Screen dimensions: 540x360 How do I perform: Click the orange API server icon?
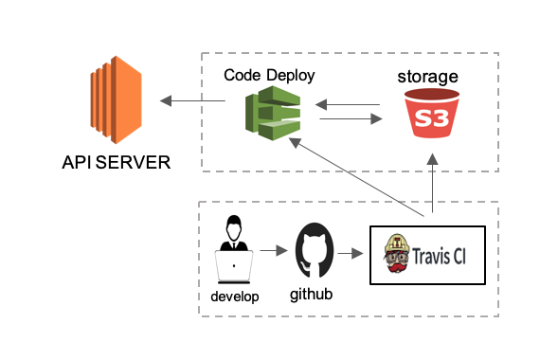117,99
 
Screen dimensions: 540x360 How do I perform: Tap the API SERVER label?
117,162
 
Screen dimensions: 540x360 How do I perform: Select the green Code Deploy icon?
273,114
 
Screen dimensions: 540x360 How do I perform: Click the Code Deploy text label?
269,76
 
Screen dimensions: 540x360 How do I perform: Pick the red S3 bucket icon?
432,113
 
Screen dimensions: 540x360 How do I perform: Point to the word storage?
427,77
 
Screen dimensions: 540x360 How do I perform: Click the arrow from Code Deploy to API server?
192,101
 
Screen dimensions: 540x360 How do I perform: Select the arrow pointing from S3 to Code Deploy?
348,104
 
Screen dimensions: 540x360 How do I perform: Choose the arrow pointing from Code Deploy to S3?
351,118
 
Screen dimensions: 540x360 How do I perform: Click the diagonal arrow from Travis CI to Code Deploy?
356,177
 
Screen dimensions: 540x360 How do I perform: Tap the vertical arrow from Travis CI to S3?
433,183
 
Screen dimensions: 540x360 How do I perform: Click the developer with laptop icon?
234,249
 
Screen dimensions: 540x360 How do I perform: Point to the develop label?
235,297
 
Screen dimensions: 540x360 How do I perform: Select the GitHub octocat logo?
315,250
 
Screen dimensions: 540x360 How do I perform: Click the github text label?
312,295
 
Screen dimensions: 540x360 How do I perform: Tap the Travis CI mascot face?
397,254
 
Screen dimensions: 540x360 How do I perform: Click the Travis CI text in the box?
439,257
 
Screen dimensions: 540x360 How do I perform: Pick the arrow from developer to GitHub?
274,250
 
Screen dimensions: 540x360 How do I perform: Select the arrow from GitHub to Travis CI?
351,253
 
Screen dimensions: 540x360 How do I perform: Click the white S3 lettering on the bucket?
432,118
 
